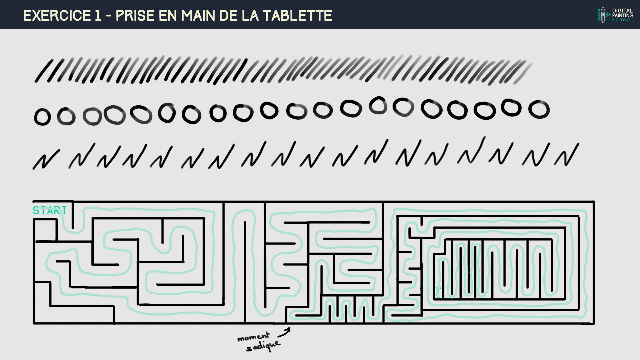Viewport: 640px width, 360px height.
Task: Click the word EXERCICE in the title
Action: click(x=57, y=16)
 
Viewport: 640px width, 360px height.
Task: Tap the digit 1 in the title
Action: click(x=98, y=16)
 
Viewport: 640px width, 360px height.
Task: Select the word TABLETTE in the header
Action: click(x=297, y=16)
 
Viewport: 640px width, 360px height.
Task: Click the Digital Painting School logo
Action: click(x=615, y=15)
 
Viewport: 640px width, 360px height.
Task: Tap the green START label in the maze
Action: click(x=50, y=211)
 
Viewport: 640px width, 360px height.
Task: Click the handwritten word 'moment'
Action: click(x=253, y=337)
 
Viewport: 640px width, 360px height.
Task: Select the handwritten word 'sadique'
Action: click(x=263, y=346)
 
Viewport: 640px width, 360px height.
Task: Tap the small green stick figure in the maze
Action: click(x=438, y=291)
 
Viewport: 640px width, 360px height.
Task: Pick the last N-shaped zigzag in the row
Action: click(x=567, y=155)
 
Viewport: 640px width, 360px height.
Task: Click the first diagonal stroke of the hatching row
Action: click(x=44, y=71)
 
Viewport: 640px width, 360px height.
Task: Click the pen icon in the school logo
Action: click(x=602, y=15)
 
